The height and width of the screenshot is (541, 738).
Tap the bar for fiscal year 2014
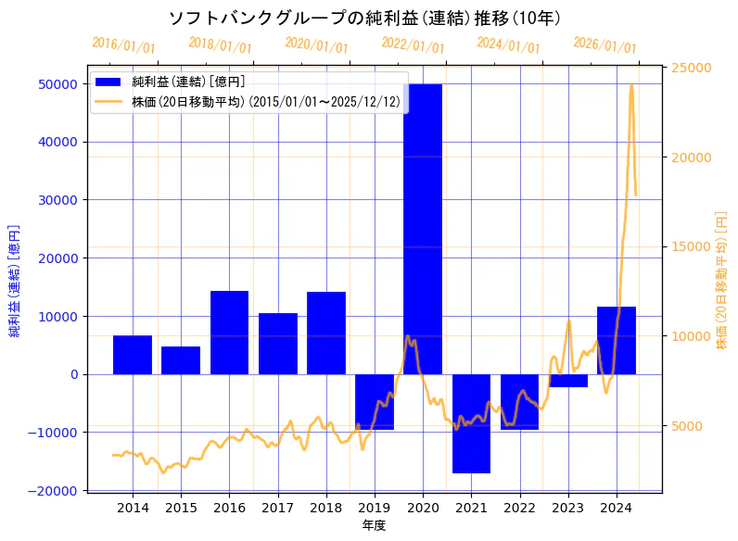point(133,355)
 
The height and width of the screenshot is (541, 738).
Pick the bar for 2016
point(229,333)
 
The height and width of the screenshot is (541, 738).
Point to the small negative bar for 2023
point(567,381)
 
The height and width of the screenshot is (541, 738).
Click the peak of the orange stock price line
point(631,85)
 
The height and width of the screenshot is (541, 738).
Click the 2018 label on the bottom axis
point(326,507)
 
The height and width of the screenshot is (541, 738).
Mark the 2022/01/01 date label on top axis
point(413,44)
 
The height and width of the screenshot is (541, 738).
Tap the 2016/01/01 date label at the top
point(123,44)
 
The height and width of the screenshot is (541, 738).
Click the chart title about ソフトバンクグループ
point(363,18)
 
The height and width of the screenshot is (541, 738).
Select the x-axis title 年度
point(374,525)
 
